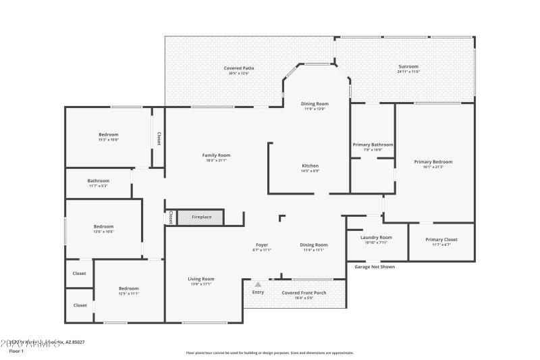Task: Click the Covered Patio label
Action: (239, 68)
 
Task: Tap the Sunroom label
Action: (408, 67)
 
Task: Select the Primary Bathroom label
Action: (373, 145)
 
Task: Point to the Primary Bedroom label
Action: (433, 161)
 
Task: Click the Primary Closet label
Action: (441, 240)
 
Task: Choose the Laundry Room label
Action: (377, 237)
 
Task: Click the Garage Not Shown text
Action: (375, 267)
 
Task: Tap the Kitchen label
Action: (310, 165)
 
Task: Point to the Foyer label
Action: (262, 245)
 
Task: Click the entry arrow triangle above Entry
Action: (257, 284)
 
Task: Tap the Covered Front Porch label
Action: (304, 292)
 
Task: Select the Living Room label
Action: (200, 279)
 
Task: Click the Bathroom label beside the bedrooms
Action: (98, 180)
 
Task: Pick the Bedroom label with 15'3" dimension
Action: (108, 134)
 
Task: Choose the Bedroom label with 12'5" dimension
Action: (128, 288)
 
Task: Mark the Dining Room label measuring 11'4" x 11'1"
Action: (314, 245)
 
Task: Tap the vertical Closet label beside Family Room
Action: (159, 138)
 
